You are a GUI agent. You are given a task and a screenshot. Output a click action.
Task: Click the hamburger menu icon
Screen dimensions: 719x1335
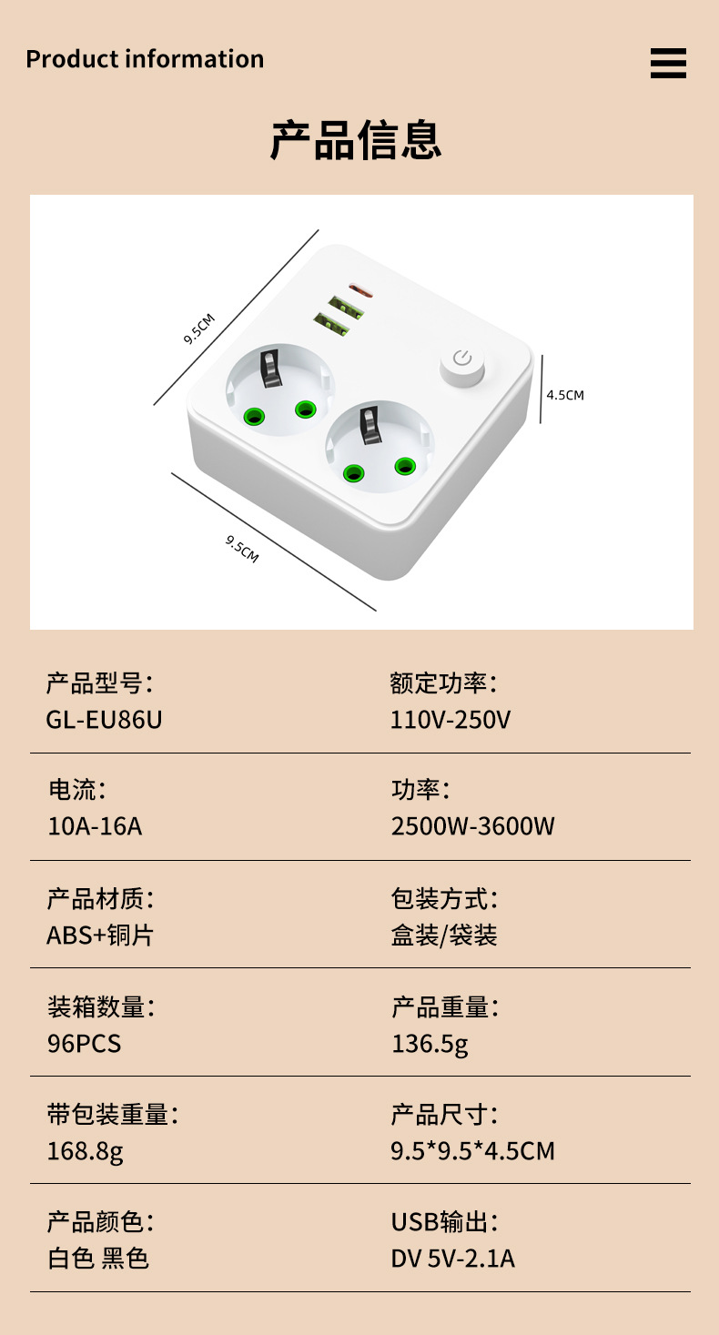pos(668,64)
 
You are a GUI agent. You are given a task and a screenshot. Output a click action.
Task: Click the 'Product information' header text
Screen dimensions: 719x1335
pos(145,59)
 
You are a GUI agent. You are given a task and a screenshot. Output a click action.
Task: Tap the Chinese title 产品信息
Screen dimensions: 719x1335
pos(356,141)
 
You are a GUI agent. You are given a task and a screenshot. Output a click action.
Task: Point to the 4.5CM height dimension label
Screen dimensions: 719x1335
pos(565,395)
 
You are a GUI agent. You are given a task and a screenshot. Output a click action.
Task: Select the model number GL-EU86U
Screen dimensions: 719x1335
pos(104,720)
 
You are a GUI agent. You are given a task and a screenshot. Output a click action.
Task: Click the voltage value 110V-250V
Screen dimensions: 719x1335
pos(451,720)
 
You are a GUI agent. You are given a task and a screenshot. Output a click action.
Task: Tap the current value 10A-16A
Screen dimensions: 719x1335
pos(95,826)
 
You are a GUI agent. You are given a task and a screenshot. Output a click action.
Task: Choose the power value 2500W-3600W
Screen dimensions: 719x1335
pos(472,826)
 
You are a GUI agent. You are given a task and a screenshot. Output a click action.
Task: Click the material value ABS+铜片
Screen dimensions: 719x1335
pos(99,935)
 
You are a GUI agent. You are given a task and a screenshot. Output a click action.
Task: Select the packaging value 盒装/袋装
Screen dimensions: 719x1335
pos(444,935)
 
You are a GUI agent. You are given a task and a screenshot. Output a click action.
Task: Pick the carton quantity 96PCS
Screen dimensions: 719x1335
pos(84,1043)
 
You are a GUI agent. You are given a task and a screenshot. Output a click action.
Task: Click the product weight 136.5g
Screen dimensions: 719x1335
pos(430,1043)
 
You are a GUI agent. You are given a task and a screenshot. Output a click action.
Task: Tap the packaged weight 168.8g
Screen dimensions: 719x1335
pos(85,1151)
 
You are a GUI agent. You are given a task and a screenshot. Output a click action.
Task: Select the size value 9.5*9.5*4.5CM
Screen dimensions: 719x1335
pos(472,1151)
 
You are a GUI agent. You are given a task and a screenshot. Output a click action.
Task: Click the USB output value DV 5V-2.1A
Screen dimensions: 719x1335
pos(452,1259)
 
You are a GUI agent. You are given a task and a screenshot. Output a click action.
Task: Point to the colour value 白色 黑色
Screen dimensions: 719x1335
pos(97,1259)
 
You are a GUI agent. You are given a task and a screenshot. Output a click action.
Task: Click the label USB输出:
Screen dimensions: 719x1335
pos(444,1221)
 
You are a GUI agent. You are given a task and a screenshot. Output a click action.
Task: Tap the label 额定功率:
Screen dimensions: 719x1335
pos(443,683)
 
